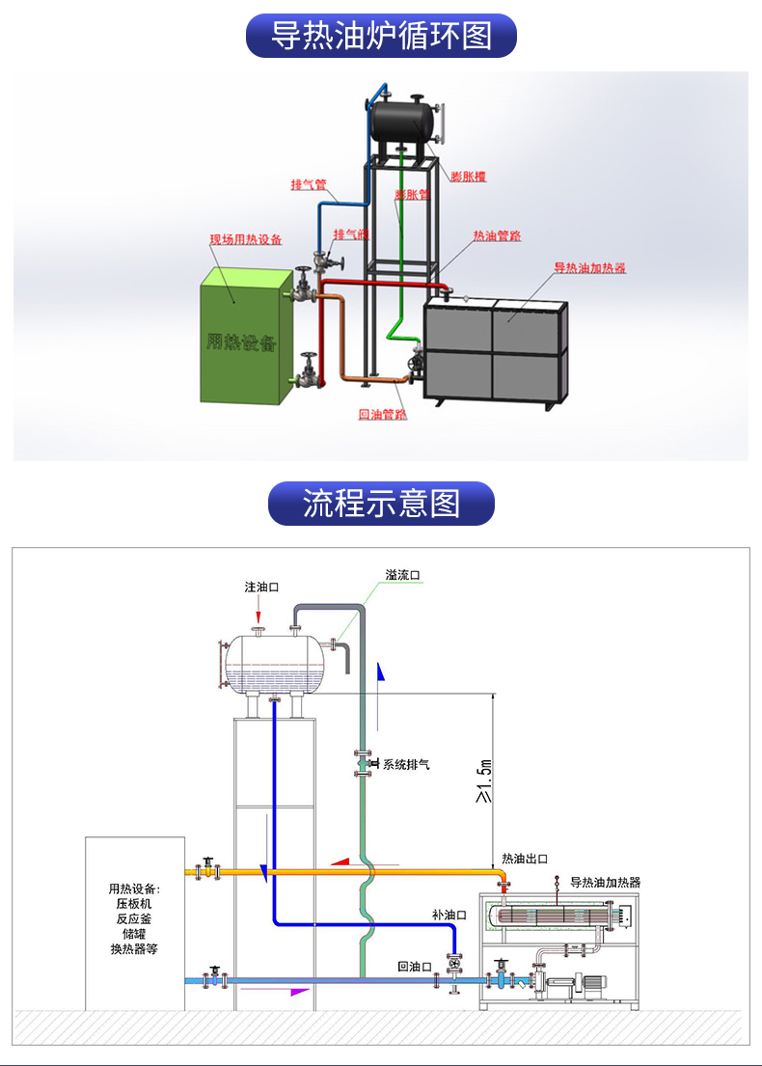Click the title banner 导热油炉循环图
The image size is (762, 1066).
[381, 36]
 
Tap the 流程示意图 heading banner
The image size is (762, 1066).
[381, 503]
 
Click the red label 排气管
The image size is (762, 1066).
[309, 184]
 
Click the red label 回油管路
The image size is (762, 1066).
[382, 415]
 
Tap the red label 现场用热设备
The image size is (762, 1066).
[247, 239]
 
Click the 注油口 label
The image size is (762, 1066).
[260, 587]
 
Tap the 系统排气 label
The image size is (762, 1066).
[406, 765]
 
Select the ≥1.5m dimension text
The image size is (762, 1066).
[484, 780]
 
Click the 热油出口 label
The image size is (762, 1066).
[525, 859]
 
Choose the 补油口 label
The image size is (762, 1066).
[449, 914]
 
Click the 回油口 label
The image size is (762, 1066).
[415, 966]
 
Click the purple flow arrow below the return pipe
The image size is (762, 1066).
[299, 991]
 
